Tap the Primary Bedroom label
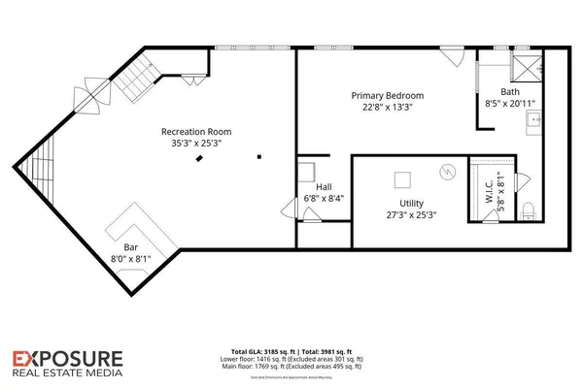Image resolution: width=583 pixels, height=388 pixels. point(388,95)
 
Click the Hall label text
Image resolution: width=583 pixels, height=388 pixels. point(324,187)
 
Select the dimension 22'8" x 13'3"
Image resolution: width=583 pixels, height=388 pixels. point(388,108)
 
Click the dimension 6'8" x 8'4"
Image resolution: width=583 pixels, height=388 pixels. point(324,199)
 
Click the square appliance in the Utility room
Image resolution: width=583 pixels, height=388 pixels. point(401,180)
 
